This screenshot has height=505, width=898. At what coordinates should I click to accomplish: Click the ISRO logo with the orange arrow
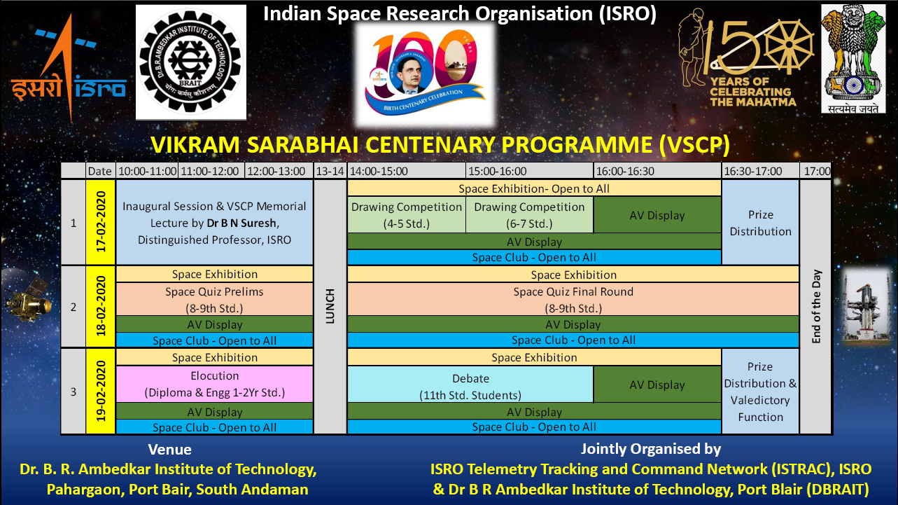(x=68, y=68)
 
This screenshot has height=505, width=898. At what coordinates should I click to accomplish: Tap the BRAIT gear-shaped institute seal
(x=191, y=62)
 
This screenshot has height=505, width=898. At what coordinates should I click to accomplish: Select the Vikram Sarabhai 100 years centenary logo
(x=425, y=74)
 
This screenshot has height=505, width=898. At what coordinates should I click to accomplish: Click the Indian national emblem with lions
(x=853, y=59)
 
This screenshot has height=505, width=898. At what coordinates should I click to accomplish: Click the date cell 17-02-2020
(x=101, y=222)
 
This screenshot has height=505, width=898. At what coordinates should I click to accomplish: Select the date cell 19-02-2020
(x=101, y=391)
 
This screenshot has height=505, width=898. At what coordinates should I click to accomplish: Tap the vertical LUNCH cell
(x=330, y=307)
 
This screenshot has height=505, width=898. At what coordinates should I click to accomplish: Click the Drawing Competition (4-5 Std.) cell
(x=407, y=215)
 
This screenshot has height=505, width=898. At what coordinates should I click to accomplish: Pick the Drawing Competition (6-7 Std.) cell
(x=529, y=215)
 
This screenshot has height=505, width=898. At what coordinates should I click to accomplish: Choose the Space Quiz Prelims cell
(x=214, y=300)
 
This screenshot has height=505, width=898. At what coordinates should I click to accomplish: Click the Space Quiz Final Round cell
(x=573, y=300)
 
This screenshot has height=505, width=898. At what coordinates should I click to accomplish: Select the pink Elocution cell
(x=214, y=384)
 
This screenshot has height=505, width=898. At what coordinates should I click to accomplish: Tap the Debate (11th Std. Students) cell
(x=470, y=386)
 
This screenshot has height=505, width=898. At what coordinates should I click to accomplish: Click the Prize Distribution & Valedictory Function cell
(x=760, y=391)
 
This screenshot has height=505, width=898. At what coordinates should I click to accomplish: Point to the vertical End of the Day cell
(x=816, y=307)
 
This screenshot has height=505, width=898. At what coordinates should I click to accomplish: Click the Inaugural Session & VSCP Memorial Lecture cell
(x=214, y=222)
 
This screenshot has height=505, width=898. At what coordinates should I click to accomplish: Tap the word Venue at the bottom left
(x=169, y=449)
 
